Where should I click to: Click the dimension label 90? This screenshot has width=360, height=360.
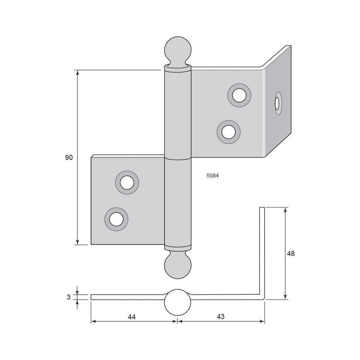click(69, 157)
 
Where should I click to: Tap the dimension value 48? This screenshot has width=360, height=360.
click(291, 254)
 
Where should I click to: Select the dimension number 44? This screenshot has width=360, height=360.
click(131, 317)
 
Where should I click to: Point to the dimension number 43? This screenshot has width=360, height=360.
click(220, 317)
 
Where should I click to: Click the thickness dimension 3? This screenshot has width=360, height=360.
click(69, 297)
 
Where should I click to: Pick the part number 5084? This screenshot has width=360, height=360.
click(212, 175)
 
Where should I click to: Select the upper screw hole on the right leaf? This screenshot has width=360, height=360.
click(239, 95)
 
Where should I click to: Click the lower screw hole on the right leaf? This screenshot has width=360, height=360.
click(229, 132)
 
